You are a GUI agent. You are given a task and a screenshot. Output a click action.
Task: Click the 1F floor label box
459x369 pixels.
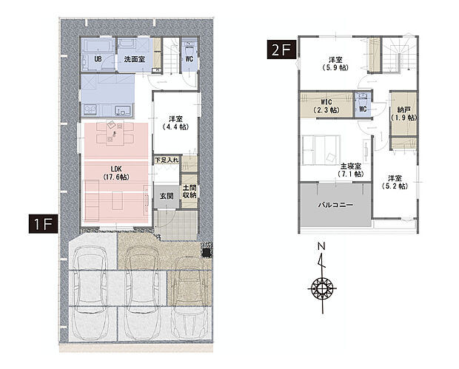pyautogui.click(x=44, y=223)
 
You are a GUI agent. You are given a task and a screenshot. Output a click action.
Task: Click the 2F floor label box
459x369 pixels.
pyautogui.click(x=281, y=50)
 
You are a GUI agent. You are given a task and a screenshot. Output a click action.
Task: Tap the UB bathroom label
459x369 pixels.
pyautogui.click(x=98, y=58)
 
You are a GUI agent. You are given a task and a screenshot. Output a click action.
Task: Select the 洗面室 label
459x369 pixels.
pyautogui.click(x=134, y=58)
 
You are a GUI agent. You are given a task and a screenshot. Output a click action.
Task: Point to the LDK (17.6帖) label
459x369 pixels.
pyautogui.click(x=116, y=173)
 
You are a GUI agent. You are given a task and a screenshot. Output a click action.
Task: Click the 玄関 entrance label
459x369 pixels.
pyautogui.click(x=167, y=196)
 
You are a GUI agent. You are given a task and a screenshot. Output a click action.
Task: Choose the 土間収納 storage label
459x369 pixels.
pyautogui.click(x=190, y=192)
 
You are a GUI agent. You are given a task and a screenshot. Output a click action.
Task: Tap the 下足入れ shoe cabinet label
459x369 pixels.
pyautogui.click(x=167, y=160)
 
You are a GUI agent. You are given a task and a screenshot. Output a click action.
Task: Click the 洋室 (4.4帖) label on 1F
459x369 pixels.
pyautogui.click(x=175, y=123)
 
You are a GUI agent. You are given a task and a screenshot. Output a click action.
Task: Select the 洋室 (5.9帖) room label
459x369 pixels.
pyautogui.click(x=335, y=64)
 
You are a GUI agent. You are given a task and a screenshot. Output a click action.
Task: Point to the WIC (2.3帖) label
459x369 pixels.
pyautogui.click(x=326, y=106)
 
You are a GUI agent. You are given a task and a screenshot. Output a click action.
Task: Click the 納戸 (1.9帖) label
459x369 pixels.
pyautogui.click(x=403, y=113)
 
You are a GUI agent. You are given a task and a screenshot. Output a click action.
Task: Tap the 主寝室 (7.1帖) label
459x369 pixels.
pyautogui.click(x=350, y=170)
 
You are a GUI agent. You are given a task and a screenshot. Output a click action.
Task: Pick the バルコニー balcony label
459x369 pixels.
pyautogui.click(x=335, y=205)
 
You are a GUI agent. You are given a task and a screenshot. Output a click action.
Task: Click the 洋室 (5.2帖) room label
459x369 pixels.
pyautogui.click(x=395, y=182)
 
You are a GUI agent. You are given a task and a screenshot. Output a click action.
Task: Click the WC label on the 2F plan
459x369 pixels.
pyautogui.click(x=363, y=109)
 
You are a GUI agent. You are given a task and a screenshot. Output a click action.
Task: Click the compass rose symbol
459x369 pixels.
pyautogui.click(x=322, y=288)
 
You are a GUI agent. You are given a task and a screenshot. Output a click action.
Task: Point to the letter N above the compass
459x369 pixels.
pyautogui.click(x=321, y=246)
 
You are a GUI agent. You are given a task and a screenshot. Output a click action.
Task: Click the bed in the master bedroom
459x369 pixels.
pyautogui.click(x=321, y=150)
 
